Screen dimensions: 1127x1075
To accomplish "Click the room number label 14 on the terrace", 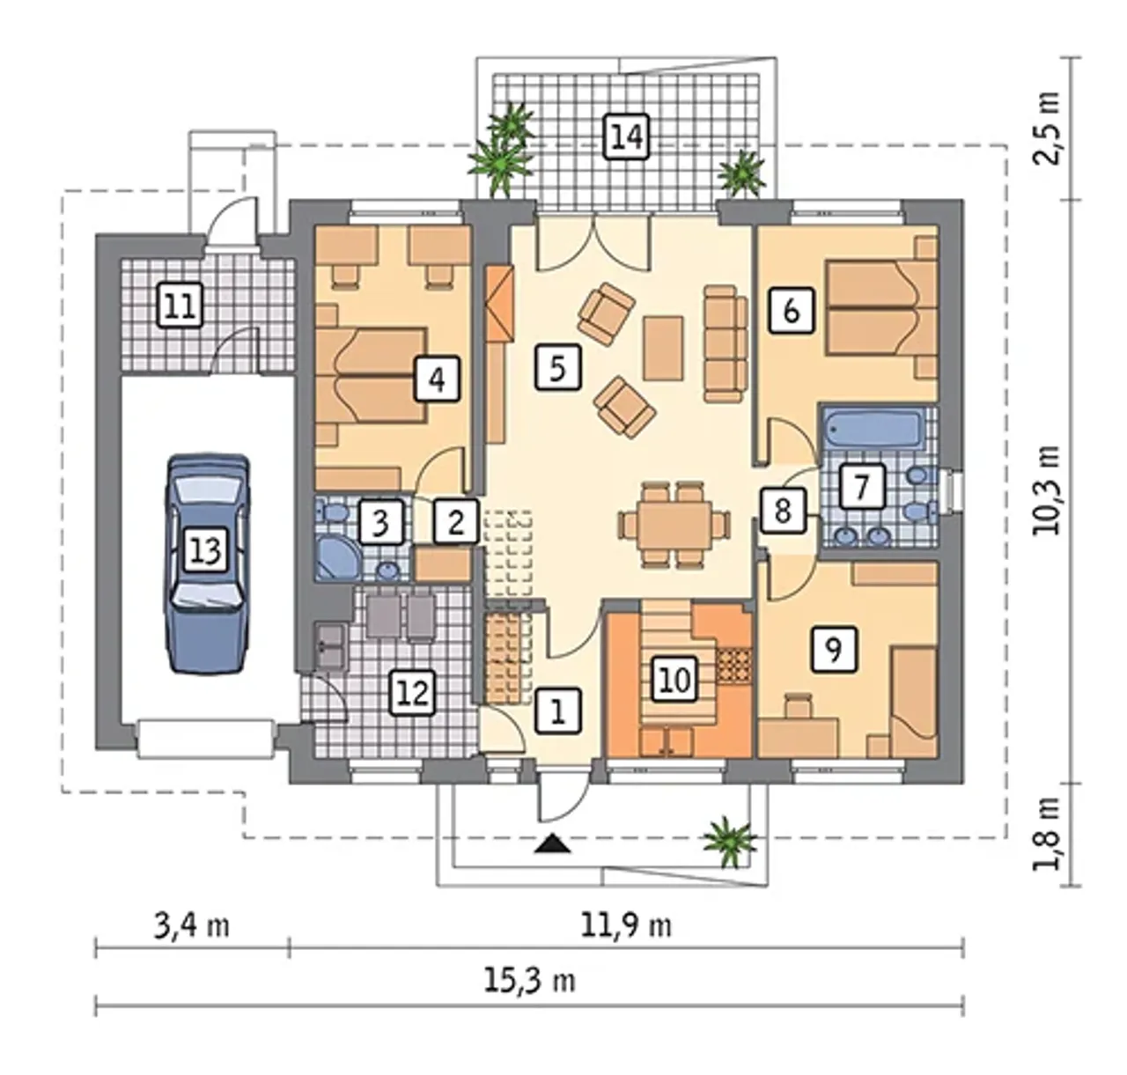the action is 627,137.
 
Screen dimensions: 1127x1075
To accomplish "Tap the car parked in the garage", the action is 207,563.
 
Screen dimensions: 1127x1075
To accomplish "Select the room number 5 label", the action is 557,367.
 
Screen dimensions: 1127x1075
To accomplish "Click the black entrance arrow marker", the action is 551,844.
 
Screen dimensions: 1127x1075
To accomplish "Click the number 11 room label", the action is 180,305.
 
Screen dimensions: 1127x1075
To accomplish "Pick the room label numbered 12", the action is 413,693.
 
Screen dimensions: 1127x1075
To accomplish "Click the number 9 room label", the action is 834,649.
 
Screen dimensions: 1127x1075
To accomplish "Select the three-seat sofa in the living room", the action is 726,342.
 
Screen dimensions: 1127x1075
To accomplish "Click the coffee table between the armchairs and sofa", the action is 663,348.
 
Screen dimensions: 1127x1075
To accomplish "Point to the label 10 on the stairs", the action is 675,681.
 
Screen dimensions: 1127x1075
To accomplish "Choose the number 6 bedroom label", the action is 791,312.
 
